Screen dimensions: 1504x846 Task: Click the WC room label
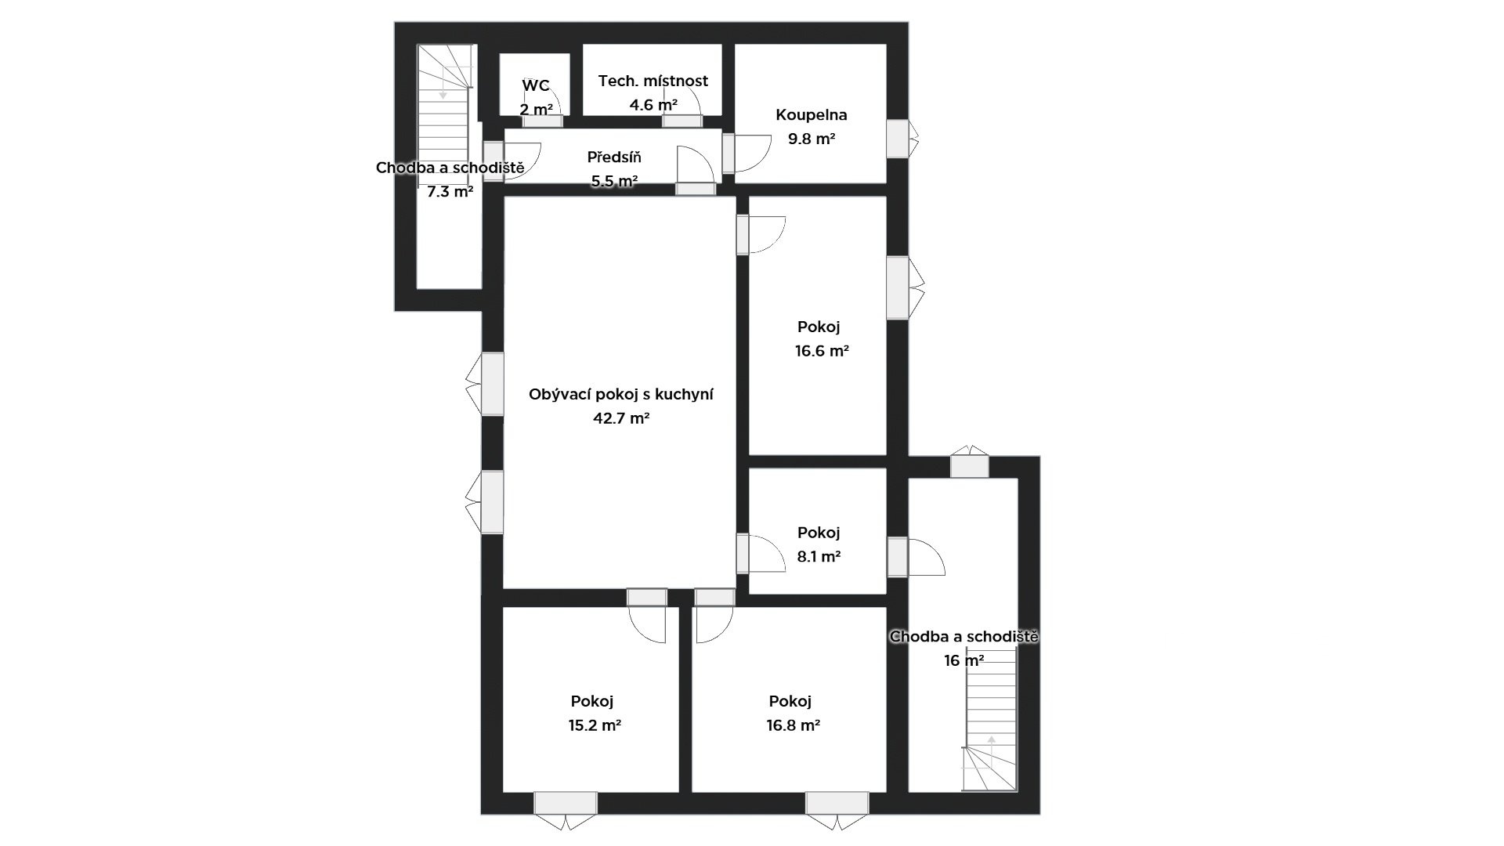click(x=536, y=86)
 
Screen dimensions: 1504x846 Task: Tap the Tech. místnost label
click(x=653, y=81)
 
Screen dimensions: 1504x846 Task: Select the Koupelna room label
click(x=812, y=115)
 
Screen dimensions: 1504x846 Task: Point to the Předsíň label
click(x=614, y=157)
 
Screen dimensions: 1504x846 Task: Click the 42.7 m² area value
click(x=621, y=418)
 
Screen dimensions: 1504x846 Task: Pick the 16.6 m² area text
click(x=822, y=351)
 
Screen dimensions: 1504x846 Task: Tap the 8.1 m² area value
click(x=819, y=557)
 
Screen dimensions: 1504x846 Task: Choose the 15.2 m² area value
click(x=595, y=725)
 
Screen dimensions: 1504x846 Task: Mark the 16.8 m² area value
click(x=793, y=725)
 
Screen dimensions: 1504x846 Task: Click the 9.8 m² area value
click(x=812, y=139)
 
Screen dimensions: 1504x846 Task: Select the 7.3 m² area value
click(x=450, y=191)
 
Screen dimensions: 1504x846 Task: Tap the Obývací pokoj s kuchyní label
click(x=621, y=394)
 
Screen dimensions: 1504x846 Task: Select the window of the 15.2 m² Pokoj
click(x=566, y=804)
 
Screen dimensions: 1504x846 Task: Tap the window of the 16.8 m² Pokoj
click(x=837, y=804)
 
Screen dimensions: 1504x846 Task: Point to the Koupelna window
click(x=898, y=139)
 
